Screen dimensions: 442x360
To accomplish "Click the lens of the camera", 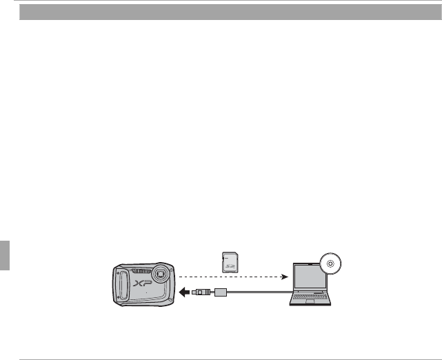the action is pyautogui.click(x=162, y=273).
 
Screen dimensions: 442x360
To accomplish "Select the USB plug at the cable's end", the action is pyautogui.click(x=199, y=292).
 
